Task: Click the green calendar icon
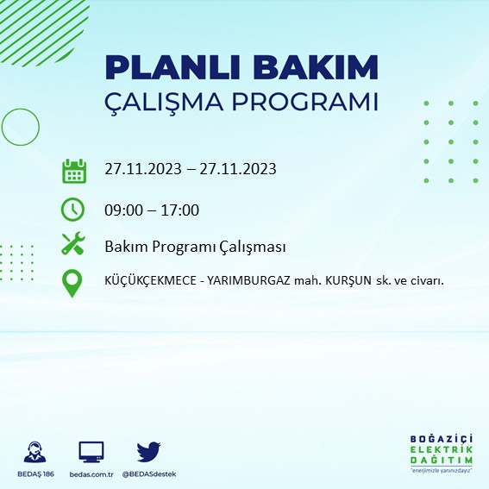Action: click(x=74, y=171)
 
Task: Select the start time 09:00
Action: click(x=123, y=210)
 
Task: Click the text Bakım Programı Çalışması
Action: click(x=195, y=247)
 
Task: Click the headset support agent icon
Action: click(x=35, y=451)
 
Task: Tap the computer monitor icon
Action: click(x=91, y=451)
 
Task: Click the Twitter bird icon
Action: click(x=148, y=451)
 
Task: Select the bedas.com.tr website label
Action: click(x=91, y=474)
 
